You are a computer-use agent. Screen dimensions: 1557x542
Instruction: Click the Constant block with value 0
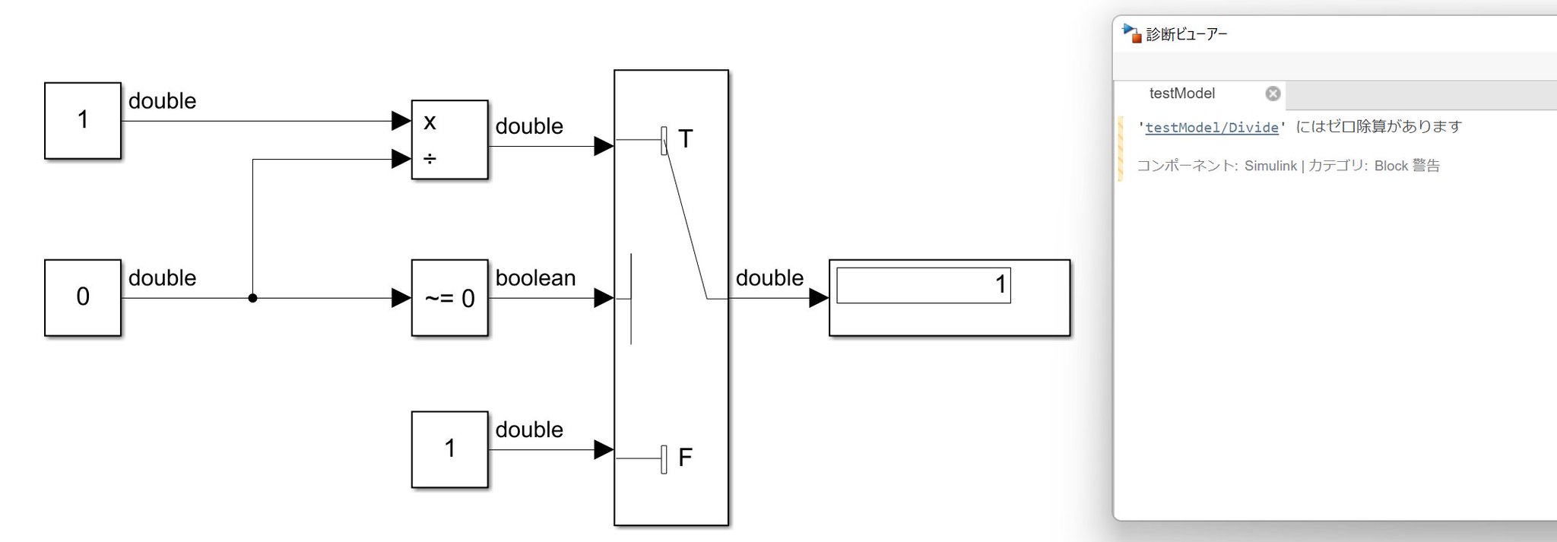point(83,297)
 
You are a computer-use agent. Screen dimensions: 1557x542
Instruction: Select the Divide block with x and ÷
point(449,140)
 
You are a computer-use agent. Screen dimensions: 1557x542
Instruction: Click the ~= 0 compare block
point(449,298)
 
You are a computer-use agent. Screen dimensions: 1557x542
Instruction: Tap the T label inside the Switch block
point(685,139)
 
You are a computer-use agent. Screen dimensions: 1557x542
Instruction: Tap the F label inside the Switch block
point(685,458)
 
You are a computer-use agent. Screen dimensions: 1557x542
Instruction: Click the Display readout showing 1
point(924,285)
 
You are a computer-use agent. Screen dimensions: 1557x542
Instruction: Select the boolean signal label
point(535,278)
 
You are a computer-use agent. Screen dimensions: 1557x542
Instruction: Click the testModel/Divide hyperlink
point(1212,128)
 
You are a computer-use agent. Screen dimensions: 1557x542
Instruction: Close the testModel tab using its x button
point(1273,94)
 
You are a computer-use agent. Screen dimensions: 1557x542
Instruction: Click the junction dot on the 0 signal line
point(252,298)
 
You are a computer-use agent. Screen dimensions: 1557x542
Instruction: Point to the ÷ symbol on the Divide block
point(430,159)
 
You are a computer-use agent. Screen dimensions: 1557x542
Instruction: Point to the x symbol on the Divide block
point(430,122)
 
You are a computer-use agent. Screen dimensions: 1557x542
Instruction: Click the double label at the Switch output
point(769,278)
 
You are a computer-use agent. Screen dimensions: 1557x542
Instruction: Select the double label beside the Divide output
point(529,126)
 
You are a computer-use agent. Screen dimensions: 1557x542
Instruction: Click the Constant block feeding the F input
point(449,449)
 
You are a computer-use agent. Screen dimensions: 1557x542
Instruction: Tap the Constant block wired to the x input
point(83,120)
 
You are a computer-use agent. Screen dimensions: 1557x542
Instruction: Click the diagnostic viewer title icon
point(1132,33)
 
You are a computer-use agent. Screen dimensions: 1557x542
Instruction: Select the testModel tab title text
point(1182,94)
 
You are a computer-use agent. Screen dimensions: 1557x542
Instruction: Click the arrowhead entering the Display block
point(819,298)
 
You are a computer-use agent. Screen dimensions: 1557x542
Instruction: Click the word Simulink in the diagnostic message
point(1270,166)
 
